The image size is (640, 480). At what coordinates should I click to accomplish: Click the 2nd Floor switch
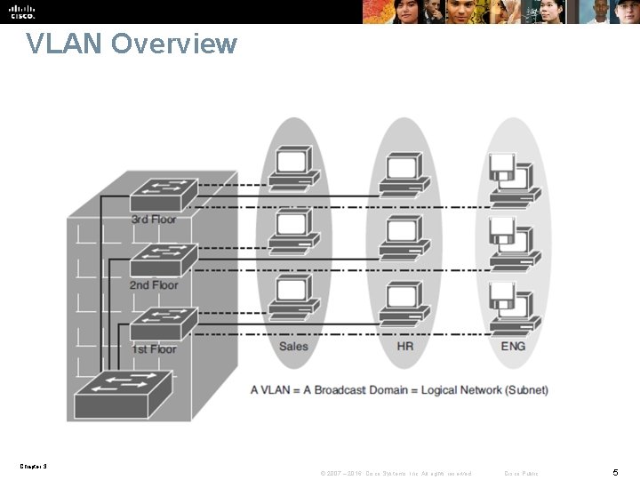pyautogui.click(x=164, y=259)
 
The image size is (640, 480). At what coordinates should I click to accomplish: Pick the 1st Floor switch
pyautogui.click(x=164, y=323)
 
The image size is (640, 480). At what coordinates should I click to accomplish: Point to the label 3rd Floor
pyautogui.click(x=153, y=219)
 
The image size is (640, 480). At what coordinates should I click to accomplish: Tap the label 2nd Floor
pyautogui.click(x=153, y=284)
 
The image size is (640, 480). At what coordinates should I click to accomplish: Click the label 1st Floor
pyautogui.click(x=153, y=349)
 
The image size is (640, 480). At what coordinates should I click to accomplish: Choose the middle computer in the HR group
pyautogui.click(x=404, y=235)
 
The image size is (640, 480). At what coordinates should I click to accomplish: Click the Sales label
pyautogui.click(x=293, y=346)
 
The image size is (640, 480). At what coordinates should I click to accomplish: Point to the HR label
pyautogui.click(x=404, y=346)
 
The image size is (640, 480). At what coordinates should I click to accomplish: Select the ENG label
pyautogui.click(x=513, y=346)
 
